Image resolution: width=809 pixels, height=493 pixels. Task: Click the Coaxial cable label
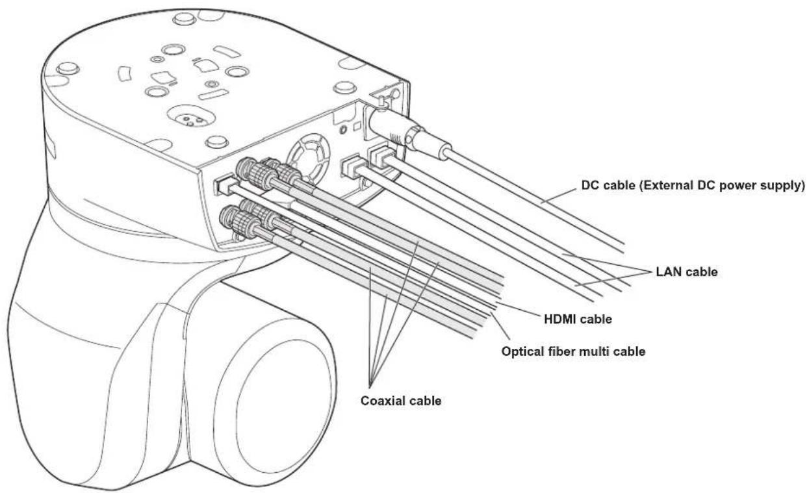pyautogui.click(x=401, y=401)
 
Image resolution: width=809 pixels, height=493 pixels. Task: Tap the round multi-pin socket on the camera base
pyautogui.click(x=191, y=118)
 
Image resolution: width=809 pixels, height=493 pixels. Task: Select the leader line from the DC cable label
pyautogui.click(x=559, y=196)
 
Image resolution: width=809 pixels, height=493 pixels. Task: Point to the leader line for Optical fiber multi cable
pyautogui.click(x=500, y=326)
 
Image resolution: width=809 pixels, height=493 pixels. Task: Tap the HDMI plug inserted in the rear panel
pyautogui.click(x=224, y=185)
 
